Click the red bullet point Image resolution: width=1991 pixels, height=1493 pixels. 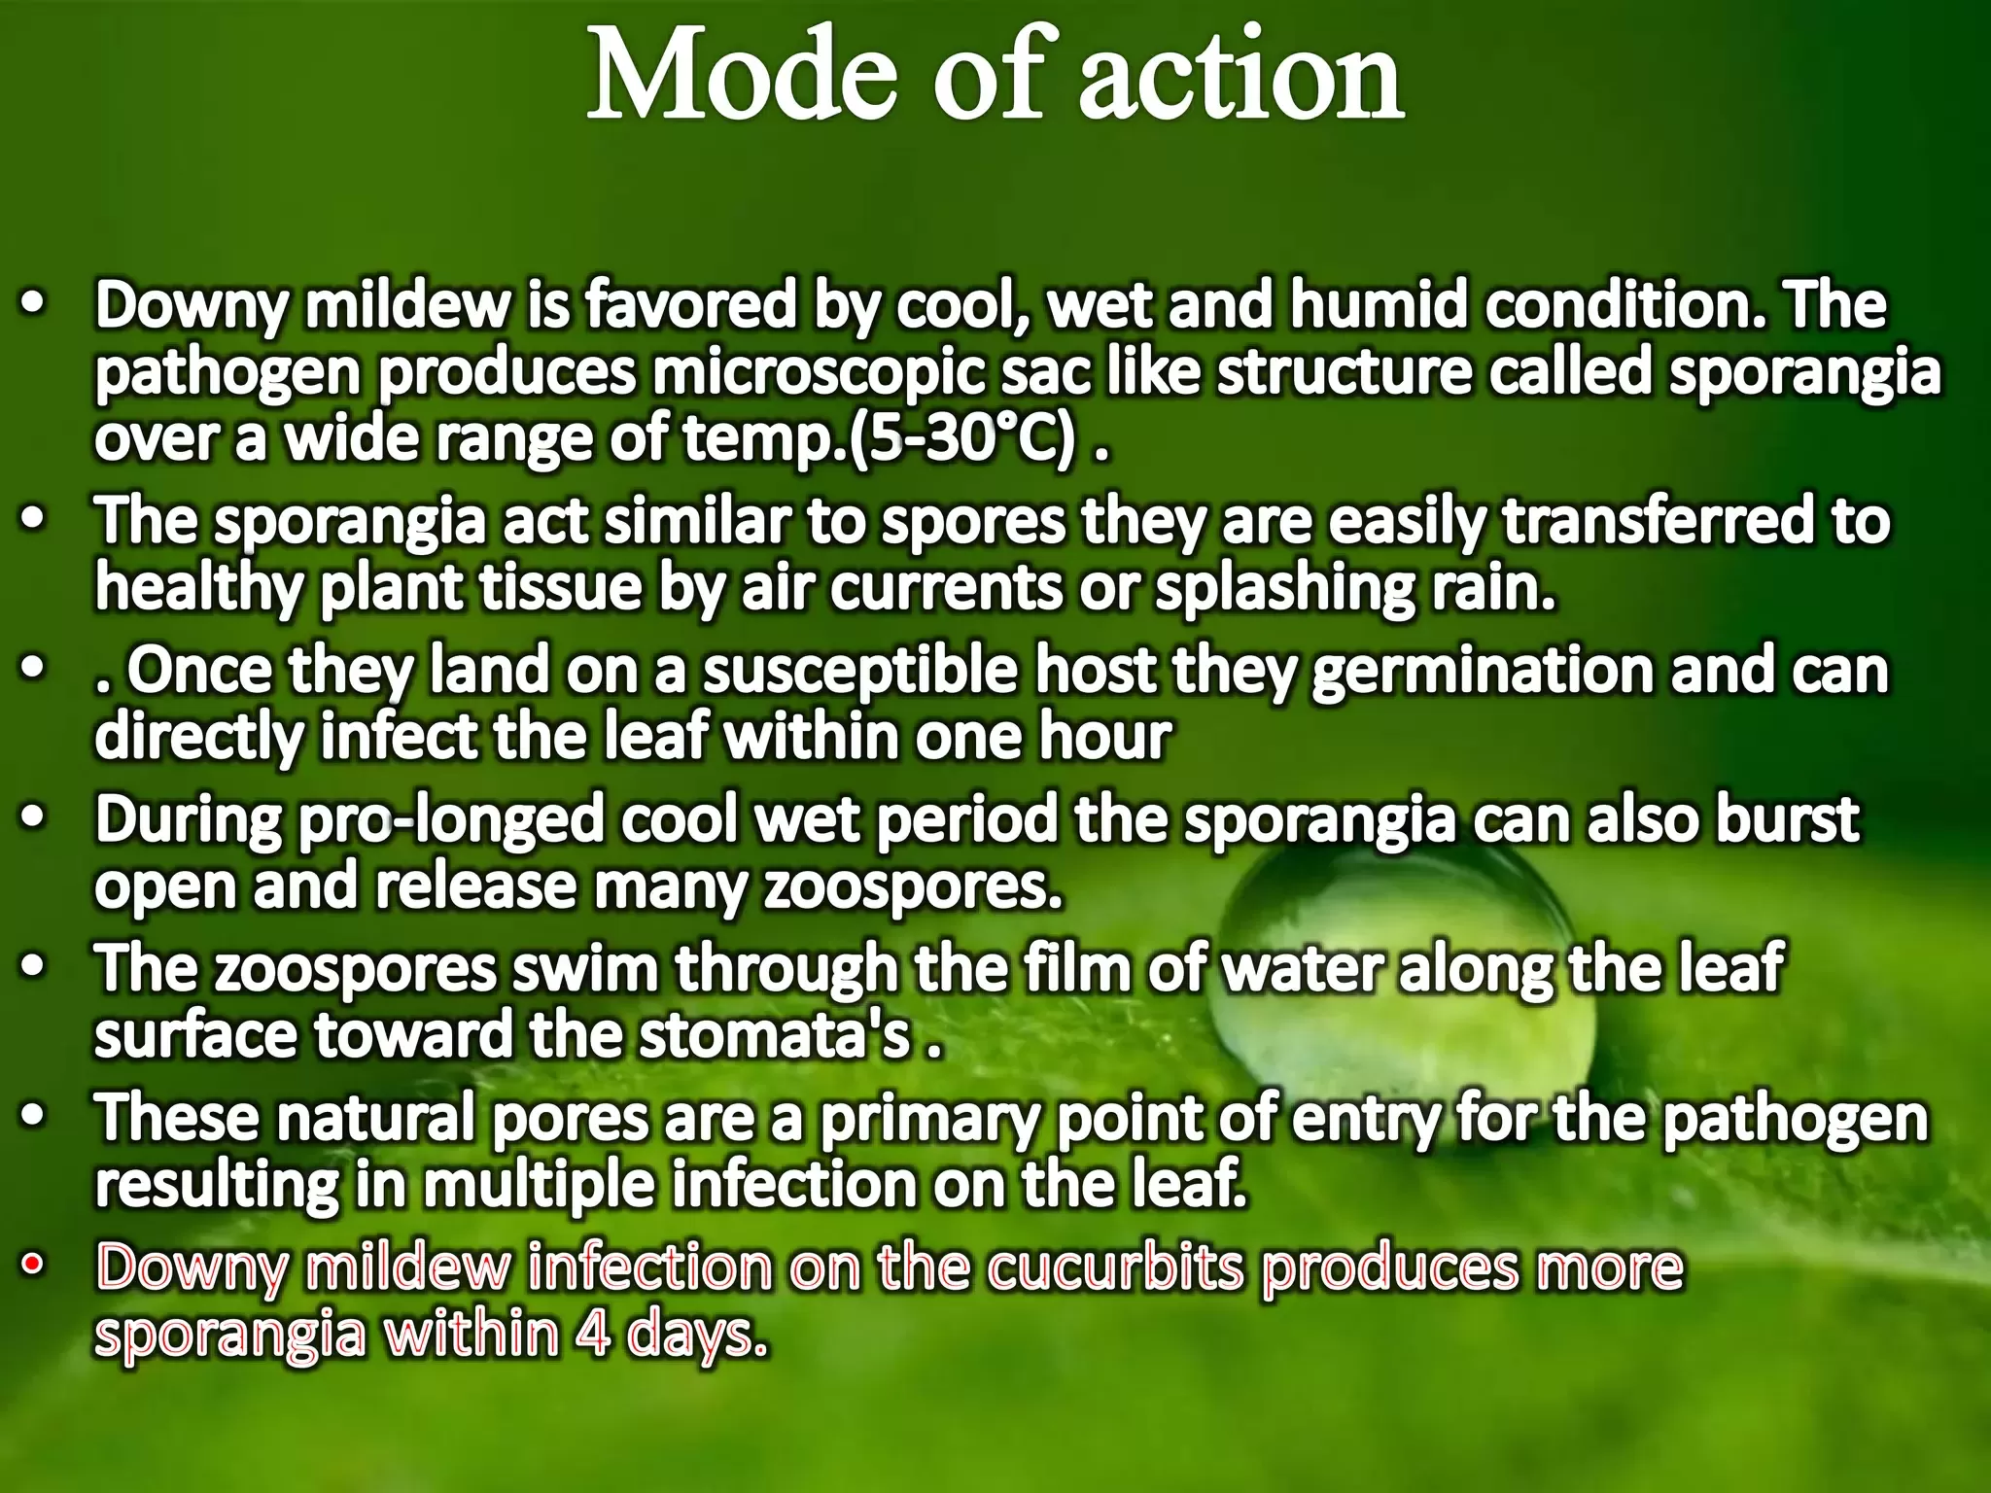coord(34,1266)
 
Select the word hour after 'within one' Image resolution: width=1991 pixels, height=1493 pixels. coord(1105,737)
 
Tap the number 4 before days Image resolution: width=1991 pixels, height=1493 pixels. coord(593,1336)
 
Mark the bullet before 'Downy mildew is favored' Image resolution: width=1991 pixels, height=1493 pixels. coord(34,303)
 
